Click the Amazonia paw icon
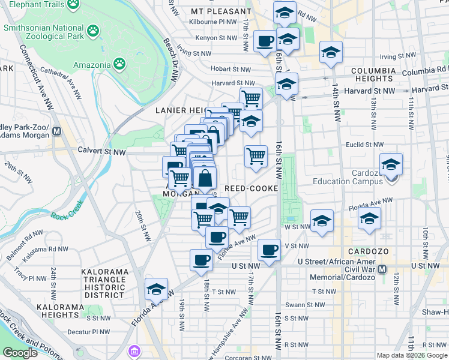click(x=121, y=64)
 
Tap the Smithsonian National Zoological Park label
click(x=43, y=32)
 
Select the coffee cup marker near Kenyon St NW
click(x=265, y=42)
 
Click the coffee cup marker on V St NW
click(x=269, y=249)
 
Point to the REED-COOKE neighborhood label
click(x=251, y=188)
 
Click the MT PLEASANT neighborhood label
click(x=221, y=11)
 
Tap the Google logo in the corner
click(x=20, y=353)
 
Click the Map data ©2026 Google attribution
click(x=412, y=355)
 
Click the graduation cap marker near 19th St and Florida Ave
click(x=157, y=290)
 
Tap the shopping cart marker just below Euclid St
click(x=256, y=157)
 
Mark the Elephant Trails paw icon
click(x=73, y=4)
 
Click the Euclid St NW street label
click(x=364, y=145)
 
